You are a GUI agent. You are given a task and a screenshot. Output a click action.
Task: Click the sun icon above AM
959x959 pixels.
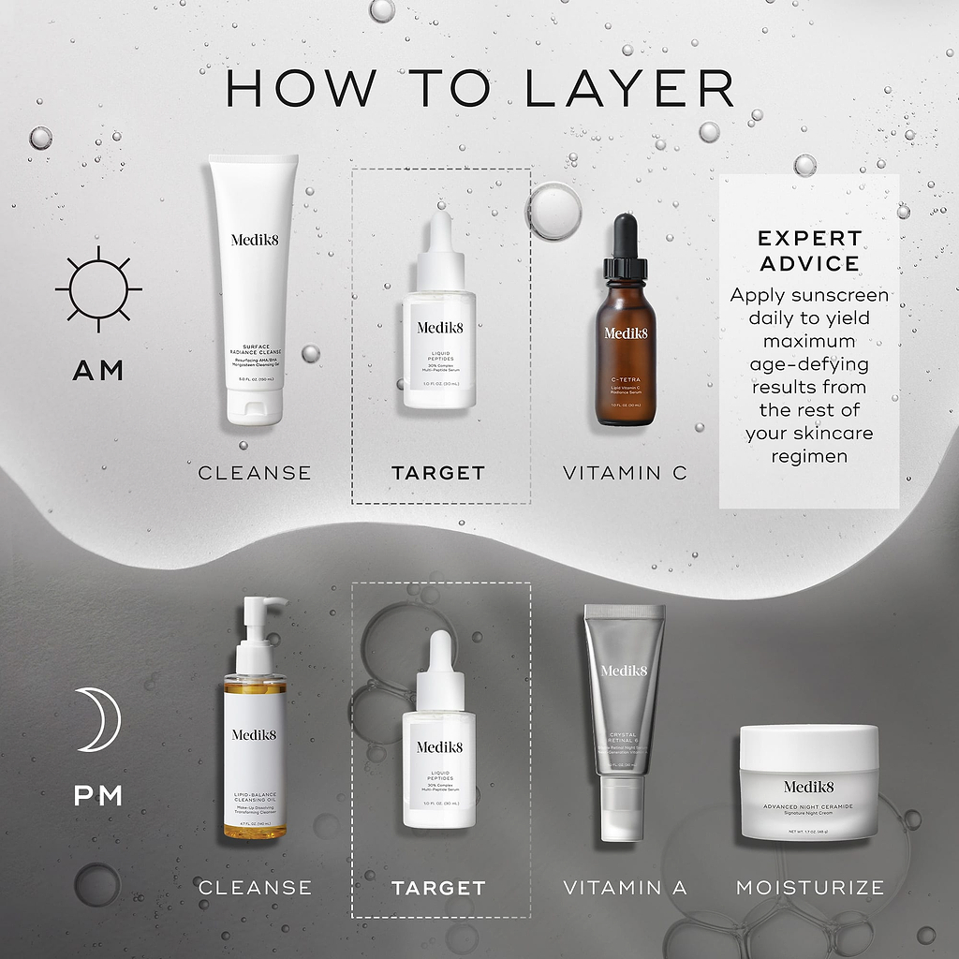[98, 289]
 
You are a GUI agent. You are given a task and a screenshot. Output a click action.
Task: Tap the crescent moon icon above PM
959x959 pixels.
[98, 718]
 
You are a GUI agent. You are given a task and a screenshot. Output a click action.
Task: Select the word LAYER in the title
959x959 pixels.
[628, 88]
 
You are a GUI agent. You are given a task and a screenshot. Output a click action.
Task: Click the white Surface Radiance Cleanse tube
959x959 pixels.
[254, 281]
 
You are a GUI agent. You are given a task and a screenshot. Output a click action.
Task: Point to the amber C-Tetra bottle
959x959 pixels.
[626, 356]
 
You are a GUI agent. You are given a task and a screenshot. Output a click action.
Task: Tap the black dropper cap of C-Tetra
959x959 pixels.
[626, 245]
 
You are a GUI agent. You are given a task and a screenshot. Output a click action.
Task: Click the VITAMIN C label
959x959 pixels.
[625, 473]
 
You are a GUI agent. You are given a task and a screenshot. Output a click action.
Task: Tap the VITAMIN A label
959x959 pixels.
[625, 887]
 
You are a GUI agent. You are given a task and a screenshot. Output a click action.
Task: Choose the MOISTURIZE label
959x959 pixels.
[809, 887]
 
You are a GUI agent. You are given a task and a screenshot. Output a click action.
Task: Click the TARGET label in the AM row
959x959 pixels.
[438, 473]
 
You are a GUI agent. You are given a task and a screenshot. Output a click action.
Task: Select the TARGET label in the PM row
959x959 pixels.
[438, 887]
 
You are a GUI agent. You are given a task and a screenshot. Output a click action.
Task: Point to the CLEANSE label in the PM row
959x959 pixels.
[255, 887]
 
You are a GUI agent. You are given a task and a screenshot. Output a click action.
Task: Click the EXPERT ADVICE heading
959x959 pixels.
[809, 250]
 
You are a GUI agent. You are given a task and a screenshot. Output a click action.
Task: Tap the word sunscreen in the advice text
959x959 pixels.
[840, 296]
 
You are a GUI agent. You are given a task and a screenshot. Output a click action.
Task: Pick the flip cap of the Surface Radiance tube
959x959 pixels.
[254, 406]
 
